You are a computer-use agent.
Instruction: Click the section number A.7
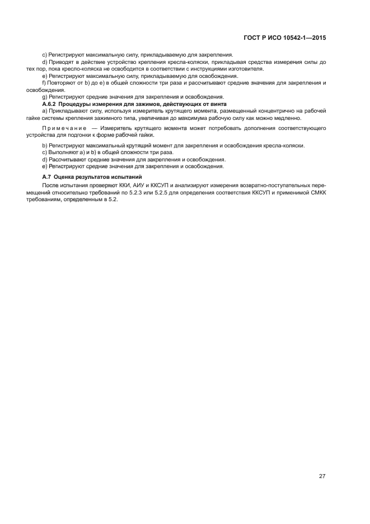pyautogui.click(x=46, y=177)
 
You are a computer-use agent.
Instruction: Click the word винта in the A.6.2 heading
pyautogui.click(x=217, y=104)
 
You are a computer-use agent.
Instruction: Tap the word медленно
pyautogui.click(x=288, y=118)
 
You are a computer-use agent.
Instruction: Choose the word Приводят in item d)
pyautogui.click(x=62, y=62)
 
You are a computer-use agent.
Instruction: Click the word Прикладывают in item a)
pyautogui.click(x=67, y=111)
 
